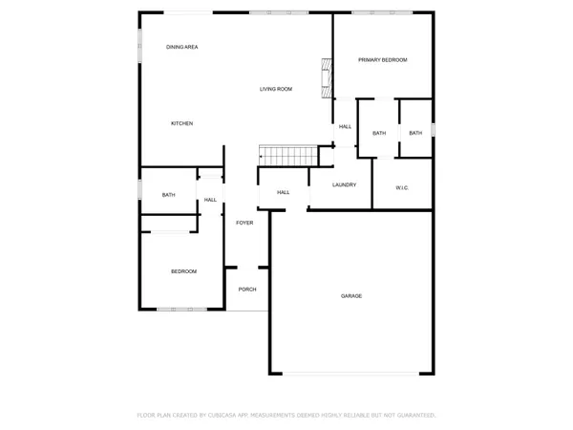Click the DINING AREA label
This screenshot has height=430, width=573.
[181, 47]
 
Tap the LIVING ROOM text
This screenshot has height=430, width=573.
[276, 89]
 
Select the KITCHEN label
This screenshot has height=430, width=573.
[181, 123]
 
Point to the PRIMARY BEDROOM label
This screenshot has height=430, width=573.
[382, 60]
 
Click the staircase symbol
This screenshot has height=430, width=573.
[288, 155]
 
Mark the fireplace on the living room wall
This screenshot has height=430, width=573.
[325, 77]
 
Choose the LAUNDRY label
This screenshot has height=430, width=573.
[345, 184]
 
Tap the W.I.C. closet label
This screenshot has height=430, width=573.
[402, 187]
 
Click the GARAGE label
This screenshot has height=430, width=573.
[351, 296]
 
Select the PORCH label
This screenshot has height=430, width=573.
[247, 290]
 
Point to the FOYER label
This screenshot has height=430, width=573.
[244, 222]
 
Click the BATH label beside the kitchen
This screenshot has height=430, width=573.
[168, 195]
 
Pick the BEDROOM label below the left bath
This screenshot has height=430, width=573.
[183, 271]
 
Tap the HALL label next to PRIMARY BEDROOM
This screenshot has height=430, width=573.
[345, 126]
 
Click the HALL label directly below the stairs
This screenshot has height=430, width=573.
[283, 192]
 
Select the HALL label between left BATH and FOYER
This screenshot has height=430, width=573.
[210, 200]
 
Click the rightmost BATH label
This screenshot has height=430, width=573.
[415, 133]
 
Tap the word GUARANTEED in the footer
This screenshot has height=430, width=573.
[415, 416]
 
